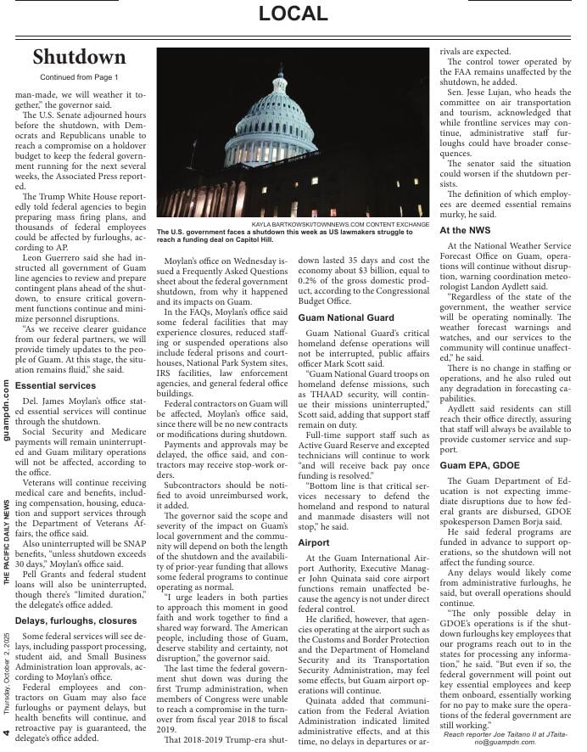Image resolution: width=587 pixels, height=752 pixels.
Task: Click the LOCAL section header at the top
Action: (293, 14)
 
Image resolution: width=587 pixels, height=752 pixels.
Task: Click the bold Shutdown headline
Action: (79, 57)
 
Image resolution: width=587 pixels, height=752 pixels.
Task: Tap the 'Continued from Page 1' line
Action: (79, 77)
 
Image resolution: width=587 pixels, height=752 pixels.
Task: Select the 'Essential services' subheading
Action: (55, 385)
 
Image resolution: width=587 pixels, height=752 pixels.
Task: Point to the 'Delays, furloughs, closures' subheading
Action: (75, 620)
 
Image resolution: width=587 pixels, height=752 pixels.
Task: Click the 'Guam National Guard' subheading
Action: (346, 317)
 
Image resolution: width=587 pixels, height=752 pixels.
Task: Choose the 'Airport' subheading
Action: (314, 542)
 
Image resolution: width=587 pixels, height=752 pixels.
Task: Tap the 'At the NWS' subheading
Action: (465, 230)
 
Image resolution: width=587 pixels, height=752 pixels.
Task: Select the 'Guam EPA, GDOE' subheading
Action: (479, 466)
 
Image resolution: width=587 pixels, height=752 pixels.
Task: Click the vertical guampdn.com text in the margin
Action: (7, 410)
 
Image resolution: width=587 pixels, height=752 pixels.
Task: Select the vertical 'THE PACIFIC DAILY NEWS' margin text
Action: (7, 542)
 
